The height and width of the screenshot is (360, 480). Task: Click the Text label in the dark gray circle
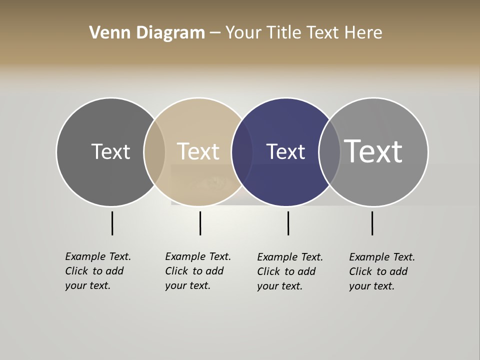[110, 151]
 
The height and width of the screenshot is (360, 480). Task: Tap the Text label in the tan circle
[198, 151]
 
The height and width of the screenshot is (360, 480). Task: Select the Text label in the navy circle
[285, 151]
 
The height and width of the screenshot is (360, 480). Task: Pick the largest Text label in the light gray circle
[373, 151]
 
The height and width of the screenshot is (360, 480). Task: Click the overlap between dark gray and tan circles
[154, 151]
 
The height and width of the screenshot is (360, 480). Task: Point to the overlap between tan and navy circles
[242, 151]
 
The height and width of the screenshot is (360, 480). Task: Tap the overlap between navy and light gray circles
[329, 151]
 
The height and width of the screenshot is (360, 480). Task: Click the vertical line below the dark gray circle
[112, 223]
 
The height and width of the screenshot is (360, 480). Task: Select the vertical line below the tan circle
[200, 223]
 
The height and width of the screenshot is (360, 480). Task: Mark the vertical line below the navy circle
[288, 223]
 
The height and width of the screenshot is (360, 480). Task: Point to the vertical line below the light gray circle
[372, 223]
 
